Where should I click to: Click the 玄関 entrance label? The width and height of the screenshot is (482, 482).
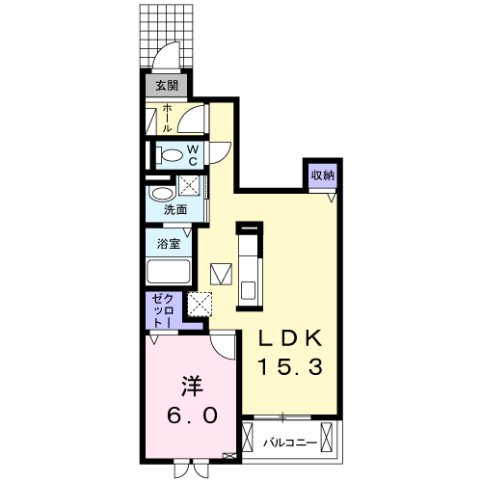tap(165, 86)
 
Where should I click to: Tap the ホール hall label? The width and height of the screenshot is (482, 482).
tap(167, 118)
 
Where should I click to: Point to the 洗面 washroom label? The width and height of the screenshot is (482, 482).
tap(174, 209)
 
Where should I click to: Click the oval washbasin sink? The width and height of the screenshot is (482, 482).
tap(160, 192)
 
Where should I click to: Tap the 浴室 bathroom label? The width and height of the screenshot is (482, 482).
tap(168, 243)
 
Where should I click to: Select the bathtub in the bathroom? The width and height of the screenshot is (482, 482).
tap(170, 271)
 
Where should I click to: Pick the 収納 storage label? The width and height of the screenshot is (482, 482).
tap(321, 174)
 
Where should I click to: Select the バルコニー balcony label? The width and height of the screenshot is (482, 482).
tap(291, 443)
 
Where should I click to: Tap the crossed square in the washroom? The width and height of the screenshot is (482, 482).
tap(190, 186)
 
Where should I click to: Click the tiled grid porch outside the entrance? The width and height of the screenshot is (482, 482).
tap(169, 29)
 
